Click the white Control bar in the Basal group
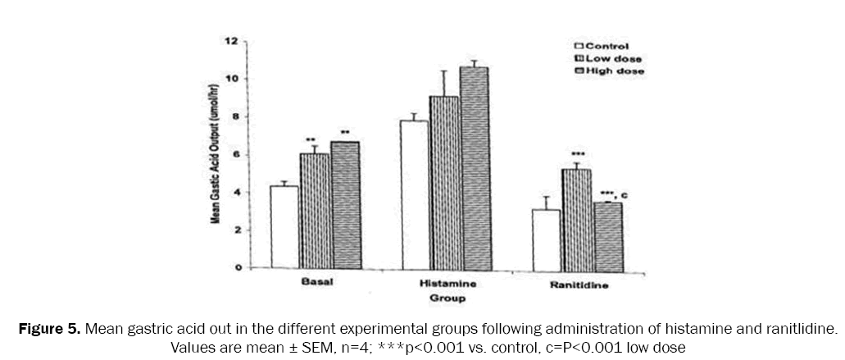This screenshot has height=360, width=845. (284, 227)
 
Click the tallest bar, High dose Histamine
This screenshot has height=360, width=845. (474, 167)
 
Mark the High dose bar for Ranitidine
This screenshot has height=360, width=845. (606, 235)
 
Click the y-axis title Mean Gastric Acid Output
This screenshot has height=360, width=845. (216, 154)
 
